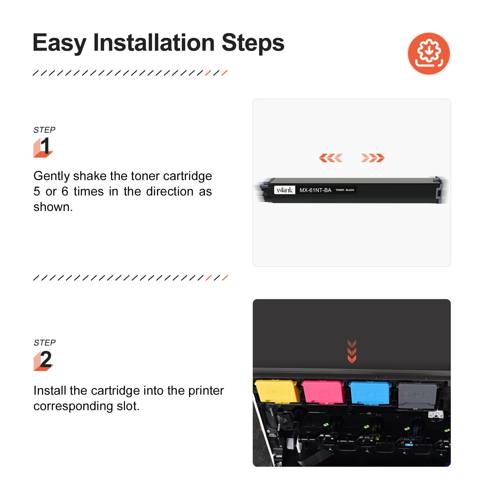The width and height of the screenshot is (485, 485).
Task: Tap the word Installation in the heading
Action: (x=154, y=42)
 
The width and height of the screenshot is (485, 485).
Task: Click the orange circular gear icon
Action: (x=429, y=53)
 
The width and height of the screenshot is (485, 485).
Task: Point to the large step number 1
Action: (x=45, y=146)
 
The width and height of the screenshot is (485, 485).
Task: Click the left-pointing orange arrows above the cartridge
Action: (x=331, y=158)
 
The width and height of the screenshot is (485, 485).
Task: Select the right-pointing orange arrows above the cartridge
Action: (x=373, y=158)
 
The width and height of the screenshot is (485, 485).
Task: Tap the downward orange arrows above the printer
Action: (x=352, y=351)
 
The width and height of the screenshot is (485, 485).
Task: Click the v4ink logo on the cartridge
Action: (x=285, y=190)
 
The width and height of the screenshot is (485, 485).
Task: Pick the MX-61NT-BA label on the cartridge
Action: (x=315, y=190)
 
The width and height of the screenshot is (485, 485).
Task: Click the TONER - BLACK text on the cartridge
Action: (x=345, y=190)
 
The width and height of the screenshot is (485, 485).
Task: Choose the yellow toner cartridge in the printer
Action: (x=277, y=391)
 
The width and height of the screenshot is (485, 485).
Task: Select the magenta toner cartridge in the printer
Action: (x=323, y=392)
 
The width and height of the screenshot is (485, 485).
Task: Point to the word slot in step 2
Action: (x=128, y=406)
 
